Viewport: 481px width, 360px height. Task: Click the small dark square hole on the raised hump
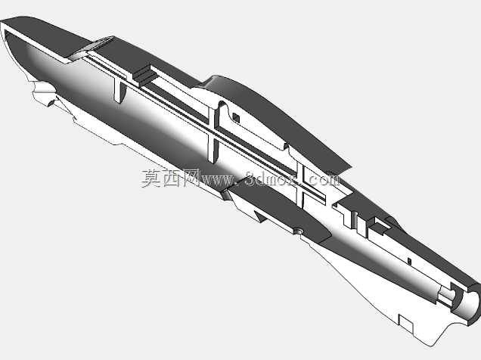(x=236, y=117)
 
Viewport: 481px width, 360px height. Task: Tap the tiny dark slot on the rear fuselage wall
(x=409, y=261)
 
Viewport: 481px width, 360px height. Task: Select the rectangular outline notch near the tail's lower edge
(x=406, y=323)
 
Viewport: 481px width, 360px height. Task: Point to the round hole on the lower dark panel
(x=298, y=230)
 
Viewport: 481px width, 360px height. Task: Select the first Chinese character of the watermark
(x=151, y=178)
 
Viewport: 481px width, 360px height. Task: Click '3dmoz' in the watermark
(x=270, y=179)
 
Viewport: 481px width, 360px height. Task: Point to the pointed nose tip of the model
(x=2, y=23)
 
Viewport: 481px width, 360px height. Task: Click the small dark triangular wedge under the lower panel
(x=259, y=216)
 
